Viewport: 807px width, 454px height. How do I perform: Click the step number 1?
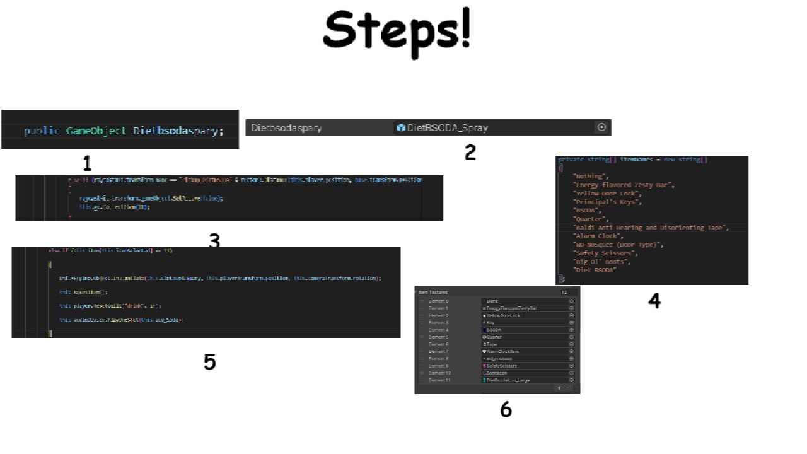pos(87,164)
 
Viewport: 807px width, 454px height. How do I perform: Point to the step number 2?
pos(470,152)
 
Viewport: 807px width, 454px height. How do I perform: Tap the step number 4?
pos(654,301)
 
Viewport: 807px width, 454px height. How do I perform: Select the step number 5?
pos(210,361)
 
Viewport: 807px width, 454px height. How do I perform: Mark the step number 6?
pos(506,410)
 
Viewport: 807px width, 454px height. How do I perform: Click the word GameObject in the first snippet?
pos(96,131)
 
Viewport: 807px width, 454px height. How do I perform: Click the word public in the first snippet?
pos(42,131)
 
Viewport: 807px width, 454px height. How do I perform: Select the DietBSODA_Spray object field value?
pos(448,128)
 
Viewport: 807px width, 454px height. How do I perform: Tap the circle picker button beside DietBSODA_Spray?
pos(601,127)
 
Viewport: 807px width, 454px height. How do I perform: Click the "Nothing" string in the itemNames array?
pos(591,177)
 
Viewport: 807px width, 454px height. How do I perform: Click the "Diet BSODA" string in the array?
pos(594,270)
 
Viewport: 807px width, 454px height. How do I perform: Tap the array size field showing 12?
pos(567,293)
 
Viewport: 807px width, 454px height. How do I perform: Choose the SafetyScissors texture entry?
pos(502,366)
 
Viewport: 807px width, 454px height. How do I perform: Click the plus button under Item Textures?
pos(559,388)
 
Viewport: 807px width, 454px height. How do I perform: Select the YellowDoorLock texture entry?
pos(503,315)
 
